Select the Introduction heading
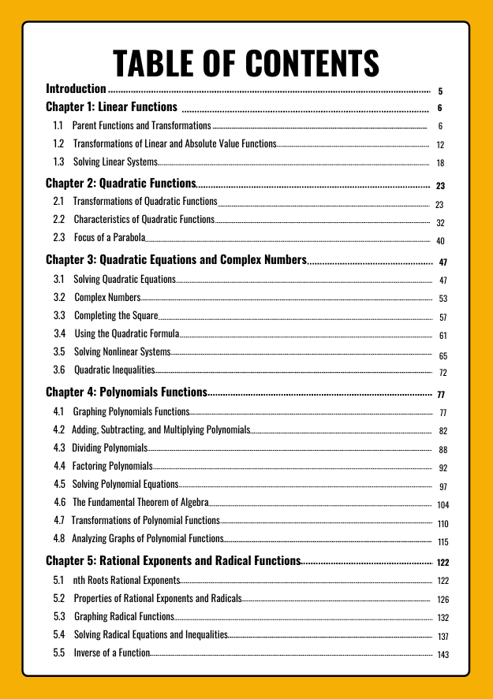point(76,89)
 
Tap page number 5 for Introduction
point(440,91)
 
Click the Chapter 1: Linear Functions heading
point(111,107)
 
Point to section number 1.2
point(58,144)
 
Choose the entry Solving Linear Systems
point(115,162)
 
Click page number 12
point(440,145)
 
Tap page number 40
point(440,241)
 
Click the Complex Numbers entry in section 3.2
point(107,297)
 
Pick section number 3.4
point(59,333)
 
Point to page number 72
point(443,373)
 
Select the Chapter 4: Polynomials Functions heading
point(126,392)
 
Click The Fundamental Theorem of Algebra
point(140,502)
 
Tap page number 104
point(443,504)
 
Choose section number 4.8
point(59,539)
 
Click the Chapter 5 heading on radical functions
point(173,561)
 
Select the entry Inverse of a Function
point(111,653)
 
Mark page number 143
point(443,656)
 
